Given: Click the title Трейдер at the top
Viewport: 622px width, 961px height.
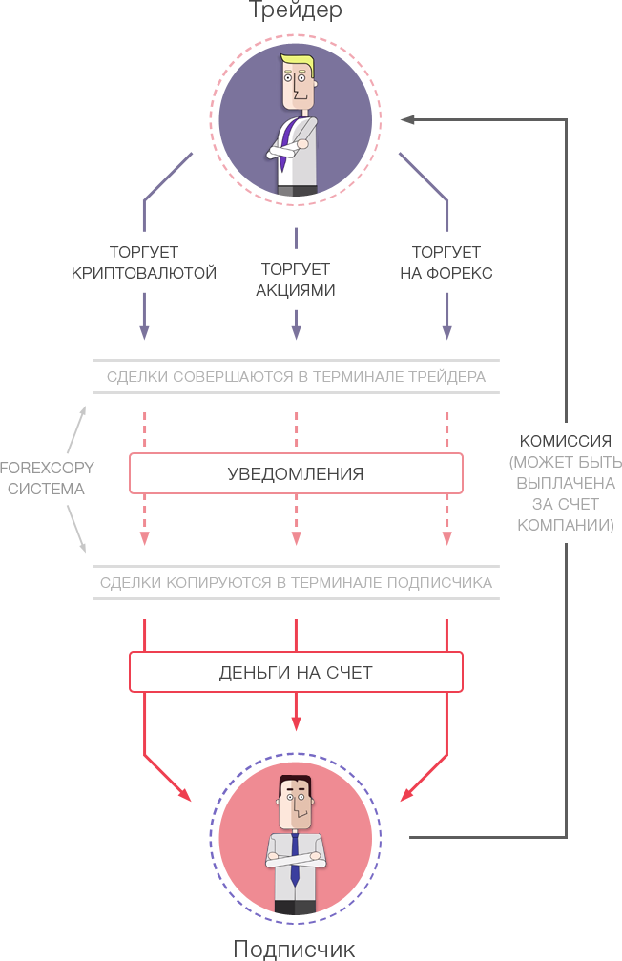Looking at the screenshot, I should click(x=295, y=10).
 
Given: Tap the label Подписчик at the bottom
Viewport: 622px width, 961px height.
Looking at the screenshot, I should click(x=295, y=948).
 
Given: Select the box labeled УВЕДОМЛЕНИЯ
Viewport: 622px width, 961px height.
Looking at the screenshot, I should click(x=296, y=473).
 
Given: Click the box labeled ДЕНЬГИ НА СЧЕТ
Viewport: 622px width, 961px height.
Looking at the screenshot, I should click(x=296, y=672).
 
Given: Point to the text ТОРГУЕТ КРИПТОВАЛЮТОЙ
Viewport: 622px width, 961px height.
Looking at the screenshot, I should click(x=144, y=262).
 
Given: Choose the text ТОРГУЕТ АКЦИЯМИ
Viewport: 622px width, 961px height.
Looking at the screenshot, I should click(x=296, y=280).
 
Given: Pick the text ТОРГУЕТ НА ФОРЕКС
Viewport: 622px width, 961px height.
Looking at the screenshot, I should click(x=446, y=262).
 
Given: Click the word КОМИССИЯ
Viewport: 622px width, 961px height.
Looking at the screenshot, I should click(x=565, y=442).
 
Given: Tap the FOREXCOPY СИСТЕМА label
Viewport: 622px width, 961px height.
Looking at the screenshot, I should click(x=42, y=478).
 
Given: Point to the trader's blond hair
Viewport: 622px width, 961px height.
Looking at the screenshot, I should click(x=299, y=64).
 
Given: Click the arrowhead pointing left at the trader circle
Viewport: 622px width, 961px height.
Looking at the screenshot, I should click(x=407, y=119).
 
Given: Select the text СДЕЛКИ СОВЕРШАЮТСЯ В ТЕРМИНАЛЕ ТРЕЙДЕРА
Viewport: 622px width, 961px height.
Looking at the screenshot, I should click(x=296, y=377).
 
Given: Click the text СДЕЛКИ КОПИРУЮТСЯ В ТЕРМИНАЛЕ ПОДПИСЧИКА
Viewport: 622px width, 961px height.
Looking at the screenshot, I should click(x=296, y=582).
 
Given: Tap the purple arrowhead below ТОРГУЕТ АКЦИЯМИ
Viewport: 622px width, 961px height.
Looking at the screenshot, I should click(x=296, y=332).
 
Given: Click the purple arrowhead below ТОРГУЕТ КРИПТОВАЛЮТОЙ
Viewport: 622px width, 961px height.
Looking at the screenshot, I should click(x=144, y=332).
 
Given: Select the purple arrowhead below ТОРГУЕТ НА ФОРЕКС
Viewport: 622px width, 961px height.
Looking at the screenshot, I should click(x=446, y=332).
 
